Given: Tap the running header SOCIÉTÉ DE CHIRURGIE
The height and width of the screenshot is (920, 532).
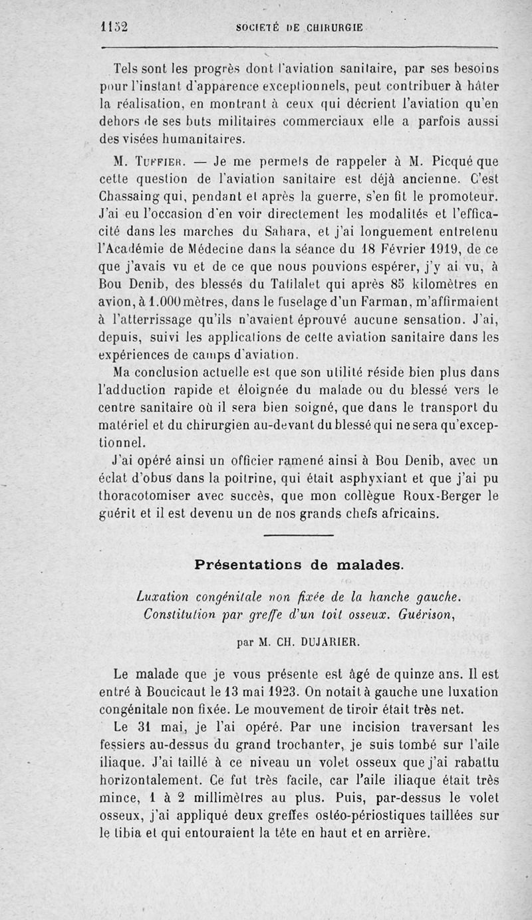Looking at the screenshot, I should pyautogui.click(x=299, y=28).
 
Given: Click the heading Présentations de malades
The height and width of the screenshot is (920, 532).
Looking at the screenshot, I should pyautogui.click(x=299, y=565).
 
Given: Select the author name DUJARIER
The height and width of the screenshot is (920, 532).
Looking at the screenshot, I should pyautogui.click(x=327, y=642).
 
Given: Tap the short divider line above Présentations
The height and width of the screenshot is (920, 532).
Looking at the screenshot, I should pyautogui.click(x=299, y=535).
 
